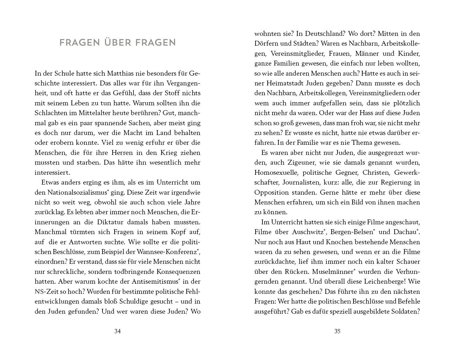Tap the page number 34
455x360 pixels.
pyautogui.click(x=118, y=331)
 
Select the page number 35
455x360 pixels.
pyautogui.click(x=337, y=331)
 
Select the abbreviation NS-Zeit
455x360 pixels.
pyautogui.click(x=46, y=292)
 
